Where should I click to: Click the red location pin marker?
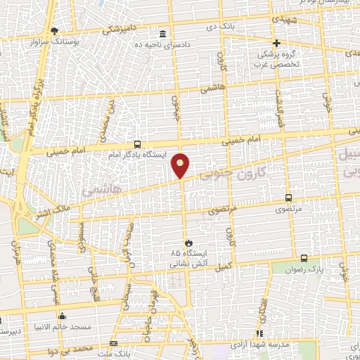pyautogui.click(x=181, y=165)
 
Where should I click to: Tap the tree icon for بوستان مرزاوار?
pyautogui.click(x=56, y=30)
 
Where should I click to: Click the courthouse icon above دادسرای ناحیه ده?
pyautogui.click(x=163, y=34)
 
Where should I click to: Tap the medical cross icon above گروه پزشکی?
pyautogui.click(x=276, y=43)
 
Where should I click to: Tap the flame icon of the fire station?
pyautogui.click(x=187, y=243)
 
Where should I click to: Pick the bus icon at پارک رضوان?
pyautogui.click(x=304, y=258)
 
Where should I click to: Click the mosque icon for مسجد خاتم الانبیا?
pyautogui.click(x=63, y=316)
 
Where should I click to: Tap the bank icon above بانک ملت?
pyautogui.click(x=113, y=342)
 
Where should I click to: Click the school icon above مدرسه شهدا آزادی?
pyautogui.click(x=259, y=333)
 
